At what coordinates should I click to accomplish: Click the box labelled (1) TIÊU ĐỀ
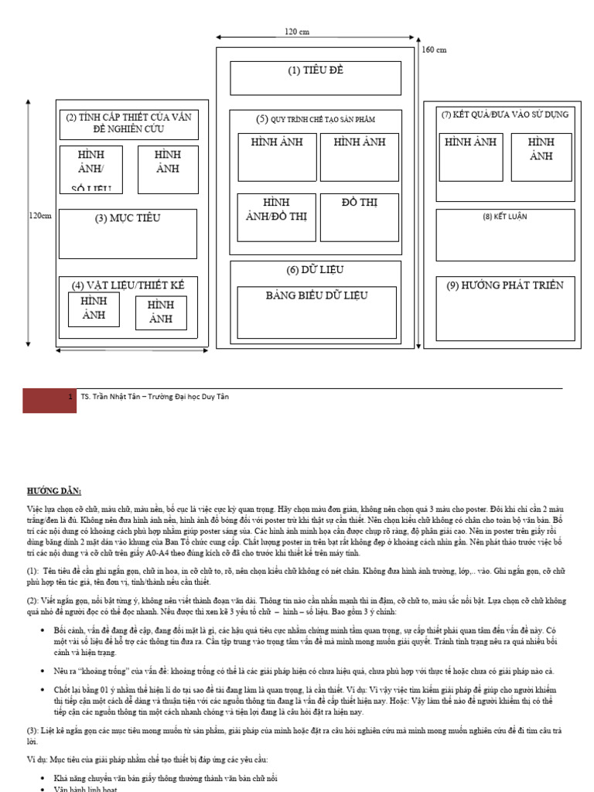[x=316, y=78]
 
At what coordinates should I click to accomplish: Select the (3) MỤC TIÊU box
[x=128, y=234]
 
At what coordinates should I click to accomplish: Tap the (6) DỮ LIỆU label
[x=315, y=270]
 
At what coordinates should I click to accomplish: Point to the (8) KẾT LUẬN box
[x=505, y=235]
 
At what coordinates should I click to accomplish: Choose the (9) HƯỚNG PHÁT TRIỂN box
[x=505, y=307]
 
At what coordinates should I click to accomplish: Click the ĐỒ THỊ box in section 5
[x=359, y=217]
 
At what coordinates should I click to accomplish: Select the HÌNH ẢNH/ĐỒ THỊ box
[x=276, y=217]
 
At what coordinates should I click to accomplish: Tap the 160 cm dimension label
[x=435, y=50]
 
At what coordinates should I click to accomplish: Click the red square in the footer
[x=49, y=400]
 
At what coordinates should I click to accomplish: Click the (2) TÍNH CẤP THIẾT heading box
[x=128, y=124]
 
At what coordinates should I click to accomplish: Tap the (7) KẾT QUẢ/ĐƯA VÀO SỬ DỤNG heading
[x=505, y=114]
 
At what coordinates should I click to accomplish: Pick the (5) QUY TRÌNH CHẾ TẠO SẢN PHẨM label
[x=316, y=119]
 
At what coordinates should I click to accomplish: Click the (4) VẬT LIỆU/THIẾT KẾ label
[x=128, y=285]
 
